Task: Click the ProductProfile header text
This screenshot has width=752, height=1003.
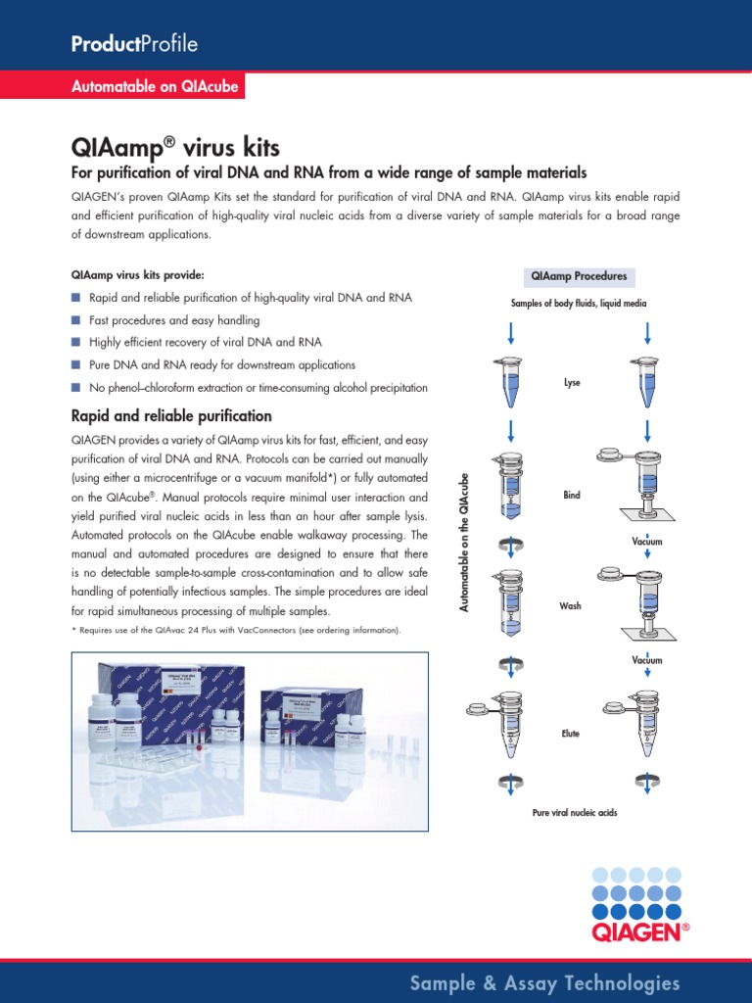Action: pos(134,44)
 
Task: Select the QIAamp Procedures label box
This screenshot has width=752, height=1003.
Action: pos(579,276)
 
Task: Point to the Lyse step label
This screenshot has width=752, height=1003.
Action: pos(572,383)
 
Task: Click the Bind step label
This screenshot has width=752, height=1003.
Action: pos(572,496)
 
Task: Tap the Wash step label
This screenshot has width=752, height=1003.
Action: pos(571,606)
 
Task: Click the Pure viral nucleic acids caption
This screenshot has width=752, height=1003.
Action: pos(575,813)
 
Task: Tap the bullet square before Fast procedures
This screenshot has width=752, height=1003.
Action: pos(75,320)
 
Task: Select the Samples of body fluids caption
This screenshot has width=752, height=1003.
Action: pos(579,304)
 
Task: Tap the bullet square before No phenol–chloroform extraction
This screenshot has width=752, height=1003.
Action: pos(75,388)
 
